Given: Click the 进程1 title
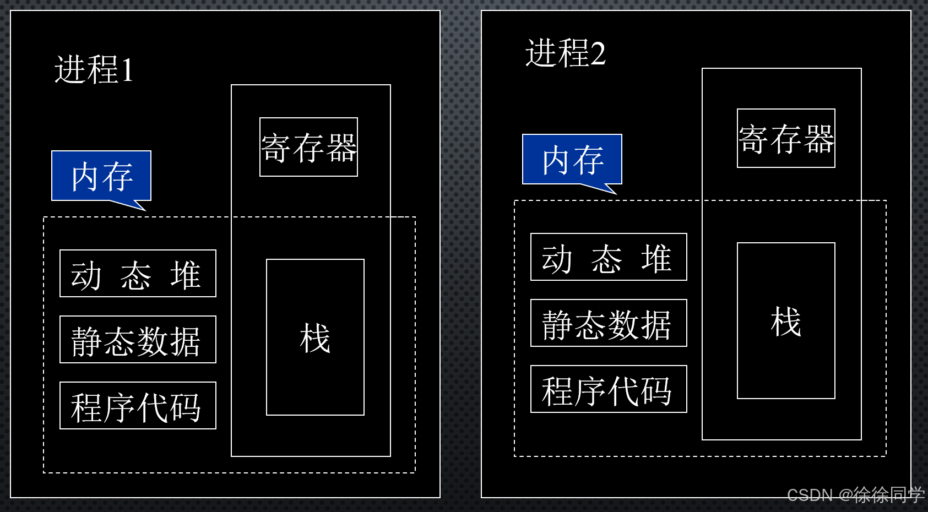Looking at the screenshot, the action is (x=94, y=70).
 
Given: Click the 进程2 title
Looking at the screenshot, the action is (x=566, y=53).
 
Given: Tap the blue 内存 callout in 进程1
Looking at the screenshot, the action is (x=101, y=176).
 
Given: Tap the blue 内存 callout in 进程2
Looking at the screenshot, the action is (x=572, y=160).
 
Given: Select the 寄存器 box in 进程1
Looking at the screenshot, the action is (x=308, y=147).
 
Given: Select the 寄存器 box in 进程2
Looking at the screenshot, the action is (x=786, y=138).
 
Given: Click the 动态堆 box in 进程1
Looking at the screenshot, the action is (x=138, y=274).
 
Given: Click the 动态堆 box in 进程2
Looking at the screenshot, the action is (x=609, y=257).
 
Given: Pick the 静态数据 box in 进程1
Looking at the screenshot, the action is (x=138, y=340).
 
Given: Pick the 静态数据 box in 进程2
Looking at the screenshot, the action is (x=609, y=323).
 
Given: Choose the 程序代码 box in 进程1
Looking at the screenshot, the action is (x=138, y=406).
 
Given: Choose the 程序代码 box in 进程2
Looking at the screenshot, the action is (x=609, y=389).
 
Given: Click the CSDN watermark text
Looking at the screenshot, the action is (x=855, y=495).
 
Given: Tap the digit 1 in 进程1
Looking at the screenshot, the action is (x=127, y=70).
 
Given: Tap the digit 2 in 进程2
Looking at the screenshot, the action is (x=598, y=54).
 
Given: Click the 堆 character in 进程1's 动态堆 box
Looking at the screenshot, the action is (x=185, y=274).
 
